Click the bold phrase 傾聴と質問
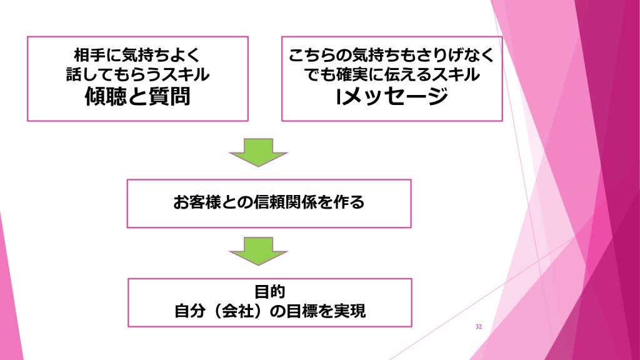pyautogui.click(x=137, y=97)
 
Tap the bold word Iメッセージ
pyautogui.click(x=392, y=97)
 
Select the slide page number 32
pyautogui.click(x=479, y=327)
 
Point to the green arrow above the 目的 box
pyautogui.click(x=258, y=251)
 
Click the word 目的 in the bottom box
pyautogui.click(x=270, y=291)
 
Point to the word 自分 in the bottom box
pyautogui.click(x=188, y=311)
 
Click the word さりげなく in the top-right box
pyautogui.click(x=455, y=55)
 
